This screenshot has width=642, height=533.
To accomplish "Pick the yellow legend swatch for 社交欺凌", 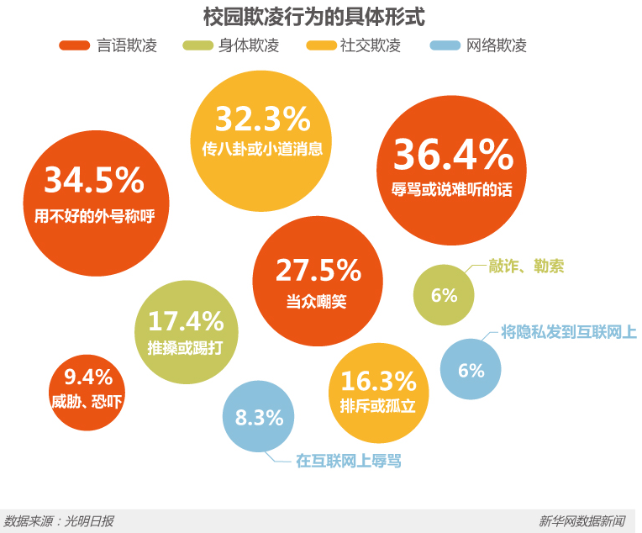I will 322,45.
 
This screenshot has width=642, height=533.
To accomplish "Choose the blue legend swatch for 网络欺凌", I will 444,45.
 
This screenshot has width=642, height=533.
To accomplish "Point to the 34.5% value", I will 94,181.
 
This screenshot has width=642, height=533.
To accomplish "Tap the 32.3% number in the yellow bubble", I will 262,119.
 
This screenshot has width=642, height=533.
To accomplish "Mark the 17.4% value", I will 186,320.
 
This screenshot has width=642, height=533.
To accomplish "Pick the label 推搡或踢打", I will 186,348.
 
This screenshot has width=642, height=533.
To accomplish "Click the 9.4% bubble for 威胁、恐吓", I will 87,390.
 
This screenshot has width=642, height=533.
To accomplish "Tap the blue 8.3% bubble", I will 258,417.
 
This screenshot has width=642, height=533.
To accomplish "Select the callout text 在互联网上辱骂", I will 349,461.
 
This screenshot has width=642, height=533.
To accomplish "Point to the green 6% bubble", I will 444,295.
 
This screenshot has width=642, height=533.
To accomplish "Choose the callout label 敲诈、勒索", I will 526,266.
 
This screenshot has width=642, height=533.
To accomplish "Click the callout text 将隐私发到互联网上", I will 569,331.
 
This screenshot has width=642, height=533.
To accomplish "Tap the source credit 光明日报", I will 88,521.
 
